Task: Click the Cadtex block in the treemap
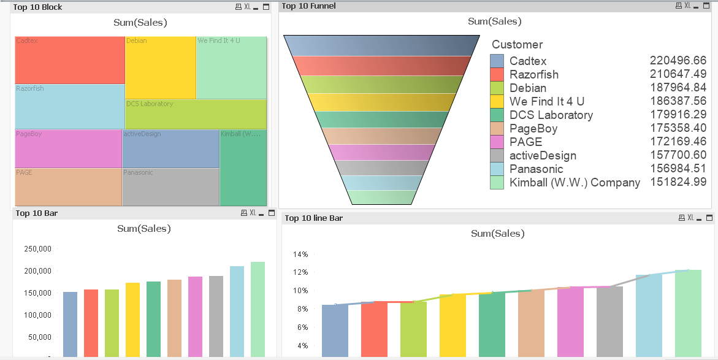click(70, 60)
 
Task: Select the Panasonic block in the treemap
click(170, 187)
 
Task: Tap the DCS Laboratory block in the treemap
click(196, 114)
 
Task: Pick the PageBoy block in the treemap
click(68, 148)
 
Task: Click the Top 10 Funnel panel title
click(308, 6)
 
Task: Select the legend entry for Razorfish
click(533, 75)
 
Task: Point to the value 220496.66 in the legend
click(678, 61)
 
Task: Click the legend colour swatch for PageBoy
click(497, 129)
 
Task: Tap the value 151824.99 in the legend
click(678, 182)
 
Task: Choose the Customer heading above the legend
click(517, 44)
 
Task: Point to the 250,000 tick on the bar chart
click(37, 249)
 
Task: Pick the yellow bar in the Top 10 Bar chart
click(132, 319)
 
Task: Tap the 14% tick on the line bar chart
click(300, 254)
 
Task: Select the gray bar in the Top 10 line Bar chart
click(609, 321)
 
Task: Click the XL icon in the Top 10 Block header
click(247, 7)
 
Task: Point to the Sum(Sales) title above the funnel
click(494, 21)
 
